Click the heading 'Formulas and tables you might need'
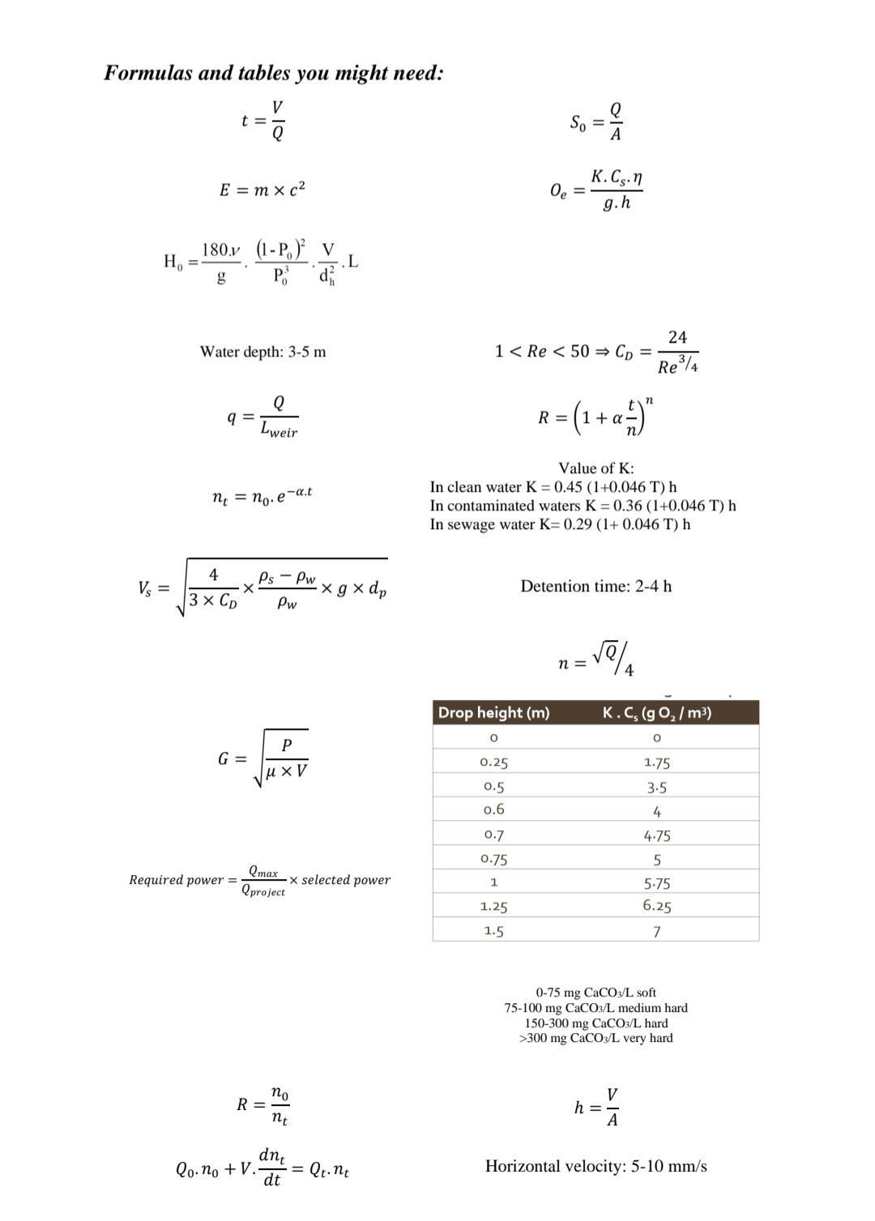(274, 73)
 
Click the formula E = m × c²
(262, 190)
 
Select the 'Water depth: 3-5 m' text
(262, 352)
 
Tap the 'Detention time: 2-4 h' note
(595, 586)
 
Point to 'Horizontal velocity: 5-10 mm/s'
(595, 1166)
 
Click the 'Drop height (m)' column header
(493, 713)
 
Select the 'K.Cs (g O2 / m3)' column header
(656, 713)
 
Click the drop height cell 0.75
(493, 859)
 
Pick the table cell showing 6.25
(656, 906)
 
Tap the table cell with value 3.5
(656, 787)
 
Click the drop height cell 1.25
(493, 907)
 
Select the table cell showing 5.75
(656, 883)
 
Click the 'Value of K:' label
(595, 468)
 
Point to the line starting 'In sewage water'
(560, 524)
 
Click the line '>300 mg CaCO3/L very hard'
(595, 1038)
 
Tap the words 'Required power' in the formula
(176, 880)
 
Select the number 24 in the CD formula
(677, 337)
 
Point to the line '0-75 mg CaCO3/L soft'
(595, 993)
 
